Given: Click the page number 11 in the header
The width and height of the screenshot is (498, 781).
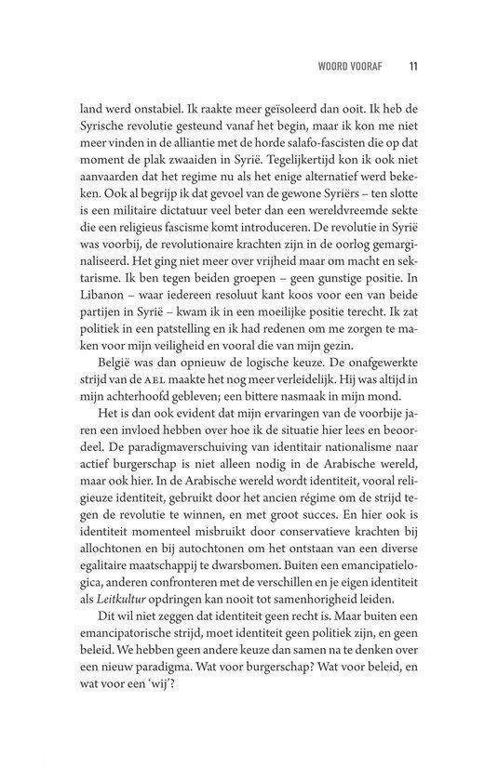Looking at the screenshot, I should (412, 67).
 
